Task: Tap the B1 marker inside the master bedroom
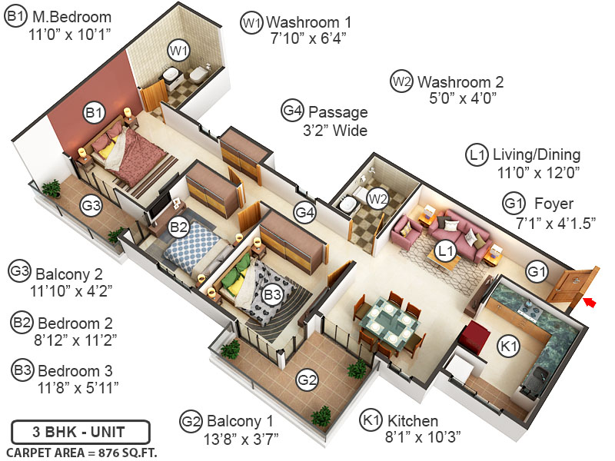94,113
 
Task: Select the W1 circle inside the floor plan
179,51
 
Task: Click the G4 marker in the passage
305,212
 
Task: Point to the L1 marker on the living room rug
446,250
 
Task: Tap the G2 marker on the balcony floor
307,380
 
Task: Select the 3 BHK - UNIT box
80,430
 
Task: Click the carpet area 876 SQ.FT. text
81,452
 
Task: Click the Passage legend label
337,111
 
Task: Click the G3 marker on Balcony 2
91,205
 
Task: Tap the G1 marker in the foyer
537,270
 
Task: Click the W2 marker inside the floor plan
377,199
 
